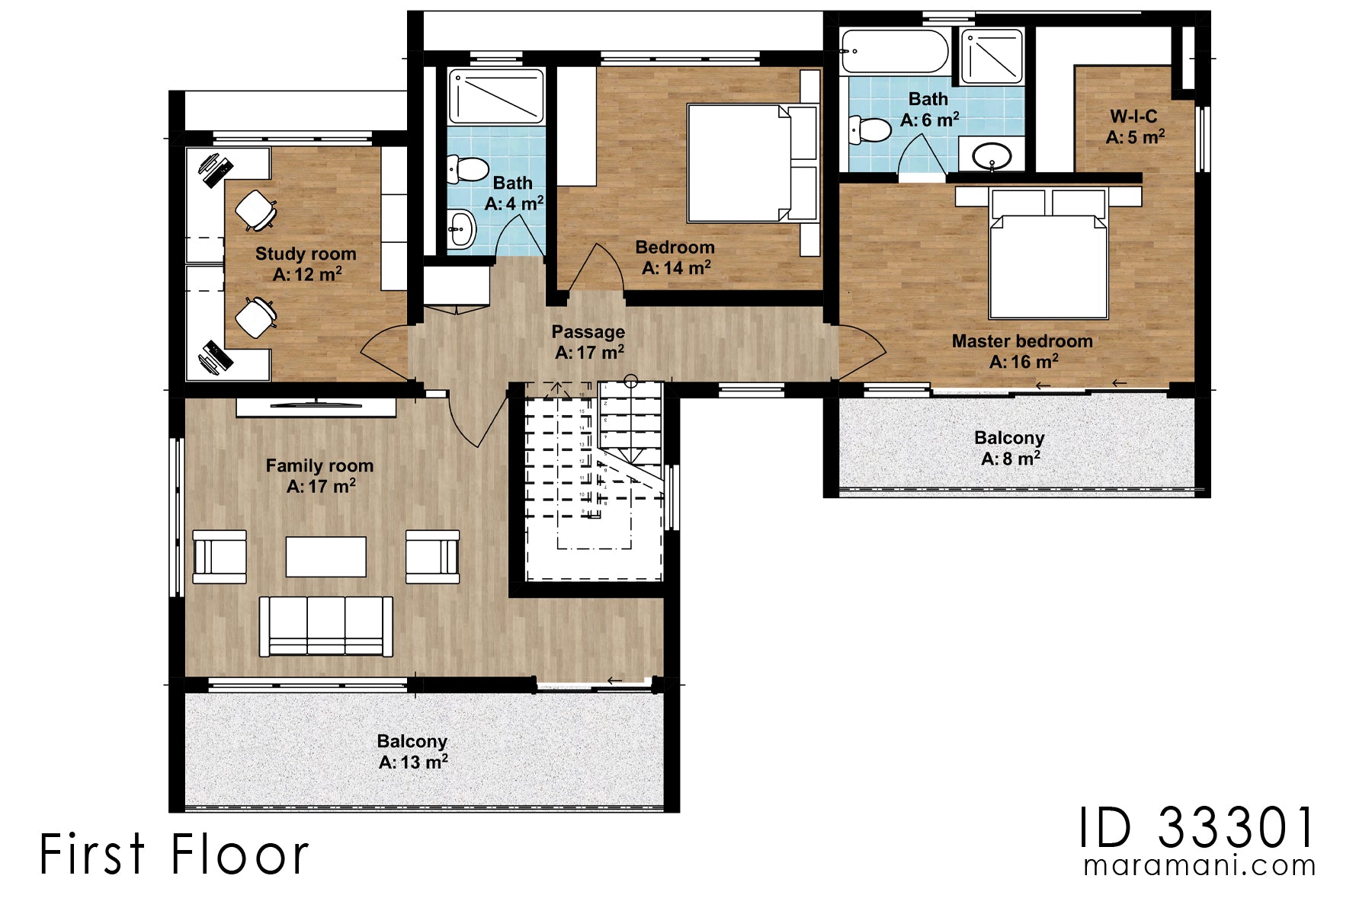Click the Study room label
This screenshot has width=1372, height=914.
coord(306,254)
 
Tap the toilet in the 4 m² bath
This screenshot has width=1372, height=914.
coord(467,169)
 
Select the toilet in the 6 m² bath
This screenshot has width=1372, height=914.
coord(869,130)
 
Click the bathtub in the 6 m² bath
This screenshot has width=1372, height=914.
coord(893,51)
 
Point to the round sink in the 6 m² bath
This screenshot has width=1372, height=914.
coord(992,157)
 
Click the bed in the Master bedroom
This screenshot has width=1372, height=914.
coord(1048,263)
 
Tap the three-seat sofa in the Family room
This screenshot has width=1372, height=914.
coord(326,626)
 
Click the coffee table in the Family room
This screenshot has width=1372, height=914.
coord(326,557)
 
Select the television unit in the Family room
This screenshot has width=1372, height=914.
coord(316,407)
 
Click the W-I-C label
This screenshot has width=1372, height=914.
coord(1133,117)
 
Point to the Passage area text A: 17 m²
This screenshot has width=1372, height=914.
coord(589,353)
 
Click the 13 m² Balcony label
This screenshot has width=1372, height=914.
coord(412,742)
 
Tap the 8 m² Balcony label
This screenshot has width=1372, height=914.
coord(1009,439)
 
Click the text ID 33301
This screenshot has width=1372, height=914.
coord(1197,828)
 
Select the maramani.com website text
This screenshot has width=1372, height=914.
coord(1199,866)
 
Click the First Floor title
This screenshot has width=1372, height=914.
coord(174,854)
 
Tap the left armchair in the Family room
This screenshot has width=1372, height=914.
coord(220,557)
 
